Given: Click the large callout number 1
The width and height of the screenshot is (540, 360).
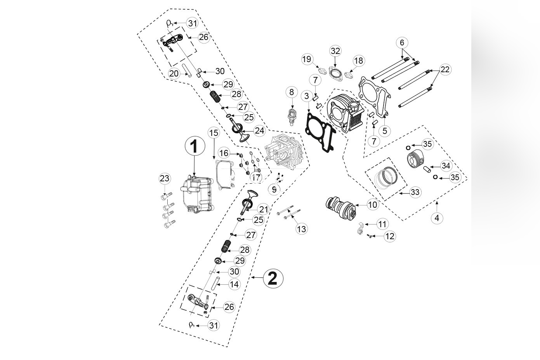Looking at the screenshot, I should coord(194,147).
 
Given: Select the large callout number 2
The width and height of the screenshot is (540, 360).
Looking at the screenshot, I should coord(273,278).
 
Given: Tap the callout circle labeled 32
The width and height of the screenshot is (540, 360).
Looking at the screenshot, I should coord(335,51).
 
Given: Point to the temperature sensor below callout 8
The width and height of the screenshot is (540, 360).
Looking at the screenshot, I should coord(292,115).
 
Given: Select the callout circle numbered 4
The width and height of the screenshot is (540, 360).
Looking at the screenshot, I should coord(437,218).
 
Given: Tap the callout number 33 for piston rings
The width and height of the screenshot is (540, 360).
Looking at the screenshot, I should coord(415,192).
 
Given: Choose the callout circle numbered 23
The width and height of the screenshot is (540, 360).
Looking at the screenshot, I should coord(165,179).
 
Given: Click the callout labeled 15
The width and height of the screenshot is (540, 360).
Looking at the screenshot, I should coord(214,133).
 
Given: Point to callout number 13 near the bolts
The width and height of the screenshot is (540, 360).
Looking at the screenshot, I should coord(301,229).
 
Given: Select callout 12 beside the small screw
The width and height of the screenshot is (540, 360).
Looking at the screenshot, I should coord(390,236).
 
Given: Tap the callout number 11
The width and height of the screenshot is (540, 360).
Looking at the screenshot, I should coord(383,224).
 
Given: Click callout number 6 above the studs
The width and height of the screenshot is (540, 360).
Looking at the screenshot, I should coord(402,42).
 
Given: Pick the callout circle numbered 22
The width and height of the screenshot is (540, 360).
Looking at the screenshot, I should coord(445,70).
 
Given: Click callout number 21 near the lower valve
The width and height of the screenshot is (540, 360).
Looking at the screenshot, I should coord(264,209).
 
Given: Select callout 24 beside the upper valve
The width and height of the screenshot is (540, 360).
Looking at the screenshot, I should coord(259,130).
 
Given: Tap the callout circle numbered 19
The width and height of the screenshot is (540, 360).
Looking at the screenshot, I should coord(307,59).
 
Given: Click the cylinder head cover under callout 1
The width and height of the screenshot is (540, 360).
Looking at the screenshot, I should coord(196,196).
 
